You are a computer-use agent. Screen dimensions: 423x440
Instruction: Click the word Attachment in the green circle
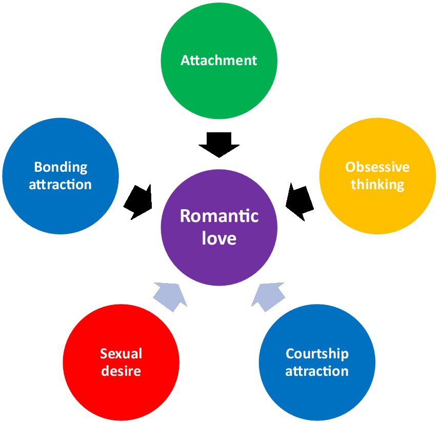[x=219, y=60]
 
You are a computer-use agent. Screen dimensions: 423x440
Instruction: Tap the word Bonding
[x=61, y=167]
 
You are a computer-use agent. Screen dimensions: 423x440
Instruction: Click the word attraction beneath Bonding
[x=61, y=184]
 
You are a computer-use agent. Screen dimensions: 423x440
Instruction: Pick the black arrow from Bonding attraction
[x=139, y=200]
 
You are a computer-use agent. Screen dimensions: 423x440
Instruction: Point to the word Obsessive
[x=377, y=167]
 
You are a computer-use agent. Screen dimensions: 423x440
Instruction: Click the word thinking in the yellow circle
[x=377, y=184]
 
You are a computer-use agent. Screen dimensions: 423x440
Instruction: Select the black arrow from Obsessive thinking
[x=299, y=200]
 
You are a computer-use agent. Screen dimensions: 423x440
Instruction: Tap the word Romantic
[x=219, y=216]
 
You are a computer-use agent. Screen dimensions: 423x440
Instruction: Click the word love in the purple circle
[x=219, y=238]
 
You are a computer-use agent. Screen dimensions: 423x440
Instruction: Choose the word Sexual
[x=121, y=354]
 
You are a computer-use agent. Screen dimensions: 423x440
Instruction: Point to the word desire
[x=121, y=371]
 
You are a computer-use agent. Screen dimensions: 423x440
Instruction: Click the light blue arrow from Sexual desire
[x=170, y=296]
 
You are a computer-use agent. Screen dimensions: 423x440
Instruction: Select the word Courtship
[x=317, y=354]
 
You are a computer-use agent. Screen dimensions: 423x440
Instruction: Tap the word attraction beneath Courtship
[x=317, y=371]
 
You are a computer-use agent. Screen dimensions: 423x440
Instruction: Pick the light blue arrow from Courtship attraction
[x=268, y=296]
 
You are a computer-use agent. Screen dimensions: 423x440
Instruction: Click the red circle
[x=121, y=390]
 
